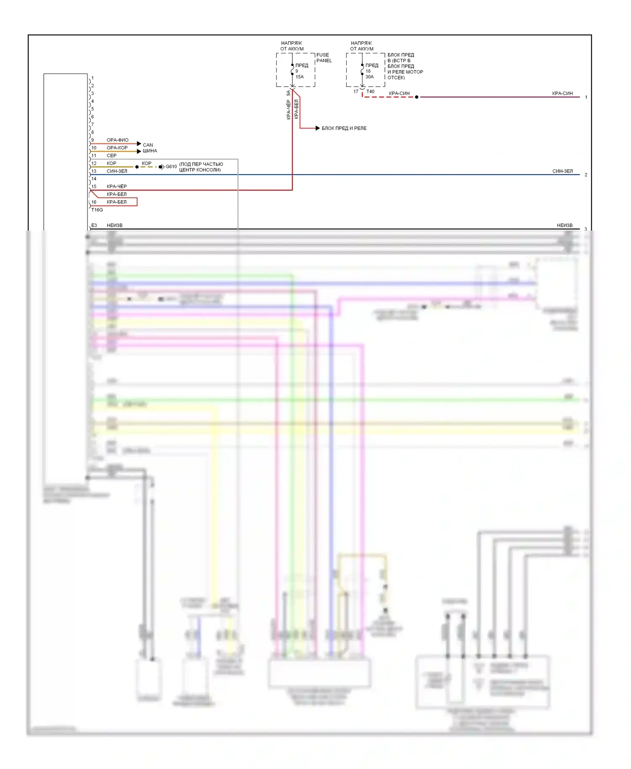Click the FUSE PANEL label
pyautogui.click(x=323, y=58)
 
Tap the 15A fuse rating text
pyautogui.click(x=300, y=77)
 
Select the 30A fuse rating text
pyautogui.click(x=369, y=77)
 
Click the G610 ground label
pyautogui.click(x=171, y=167)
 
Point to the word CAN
pyautogui.click(x=148, y=145)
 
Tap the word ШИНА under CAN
pyautogui.click(x=150, y=151)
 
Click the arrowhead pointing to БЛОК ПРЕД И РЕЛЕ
pyautogui.click(x=318, y=128)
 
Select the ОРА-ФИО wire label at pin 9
pyautogui.click(x=117, y=140)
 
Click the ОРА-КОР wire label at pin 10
pyautogui.click(x=117, y=148)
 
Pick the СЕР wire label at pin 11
pyautogui.click(x=111, y=156)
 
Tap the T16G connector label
pyautogui.click(x=97, y=210)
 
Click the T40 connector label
pyautogui.click(x=370, y=92)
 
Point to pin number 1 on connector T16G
pyautogui.click(x=93, y=78)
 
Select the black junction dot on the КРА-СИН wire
pyautogui.click(x=416, y=97)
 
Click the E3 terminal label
pyautogui.click(x=94, y=225)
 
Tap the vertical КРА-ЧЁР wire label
pyautogui.click(x=289, y=110)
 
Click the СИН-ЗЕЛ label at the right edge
pyautogui.click(x=562, y=171)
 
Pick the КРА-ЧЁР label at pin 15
pyautogui.click(x=117, y=186)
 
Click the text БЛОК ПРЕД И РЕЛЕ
pyautogui.click(x=344, y=128)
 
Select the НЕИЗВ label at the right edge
pyautogui.click(x=565, y=225)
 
